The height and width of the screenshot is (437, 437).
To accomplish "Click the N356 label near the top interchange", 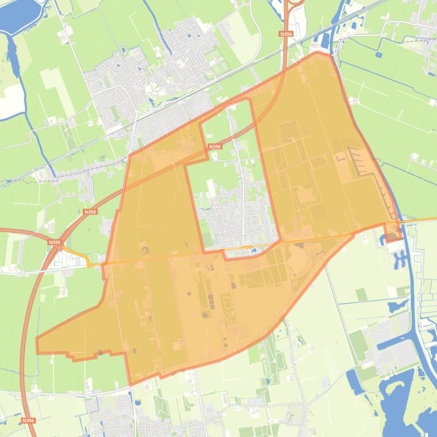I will click(x=286, y=34).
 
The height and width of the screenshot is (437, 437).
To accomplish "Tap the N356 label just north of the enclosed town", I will click(x=214, y=146).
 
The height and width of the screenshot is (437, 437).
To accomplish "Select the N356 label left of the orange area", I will click(x=90, y=212).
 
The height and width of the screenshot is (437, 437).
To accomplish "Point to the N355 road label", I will click(x=55, y=242).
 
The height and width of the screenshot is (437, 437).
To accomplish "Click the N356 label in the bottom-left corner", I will click(x=27, y=421).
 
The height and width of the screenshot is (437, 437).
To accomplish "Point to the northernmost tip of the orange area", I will click(x=316, y=53).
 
